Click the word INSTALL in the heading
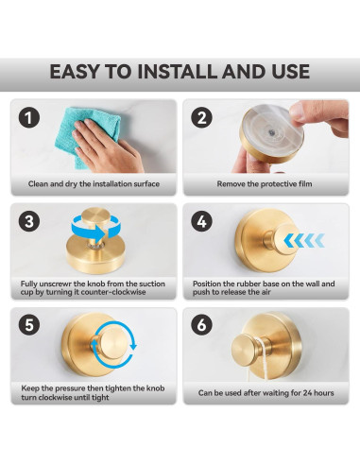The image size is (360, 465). coord(178,72)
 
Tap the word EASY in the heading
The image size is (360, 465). coord(75,72)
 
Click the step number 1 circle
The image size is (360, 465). coord(29,117)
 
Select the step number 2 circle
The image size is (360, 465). coord(201,117)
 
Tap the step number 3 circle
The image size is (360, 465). coord(29,221)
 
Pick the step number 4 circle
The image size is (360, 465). coord(201,221)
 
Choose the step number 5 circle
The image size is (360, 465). coord(29,324)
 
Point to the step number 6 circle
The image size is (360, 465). coord(201,324)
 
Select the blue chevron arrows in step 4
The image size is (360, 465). coord(304,241)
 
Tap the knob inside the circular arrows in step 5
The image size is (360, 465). coord(113,343)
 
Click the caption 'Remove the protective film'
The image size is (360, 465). coord(265,183)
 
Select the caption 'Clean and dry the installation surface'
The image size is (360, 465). coord(94,183)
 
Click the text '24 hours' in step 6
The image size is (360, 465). coord(318,393)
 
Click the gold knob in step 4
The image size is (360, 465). coord(283,240)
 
